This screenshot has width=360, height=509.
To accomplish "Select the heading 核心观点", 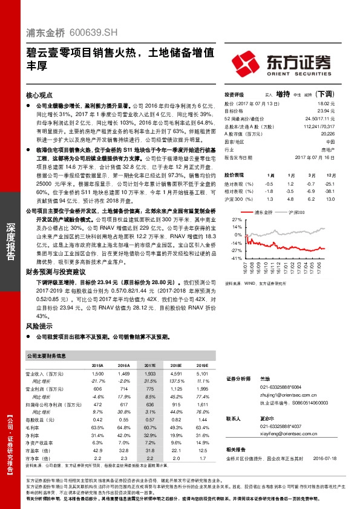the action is coord(41,96).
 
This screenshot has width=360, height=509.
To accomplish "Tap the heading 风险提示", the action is coord(40,326).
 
